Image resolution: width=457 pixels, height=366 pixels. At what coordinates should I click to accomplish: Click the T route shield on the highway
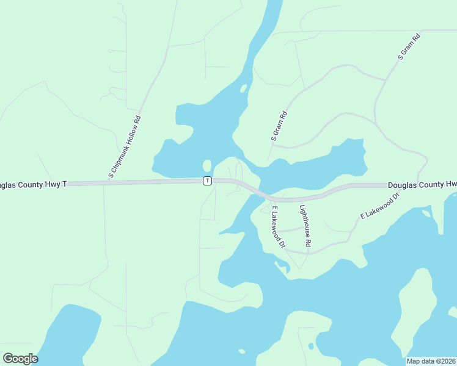[x=207, y=181]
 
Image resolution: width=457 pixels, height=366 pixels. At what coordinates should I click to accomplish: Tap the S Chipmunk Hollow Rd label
[x=125, y=147]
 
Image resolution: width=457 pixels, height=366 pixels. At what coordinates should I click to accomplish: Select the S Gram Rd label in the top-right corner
[x=409, y=46]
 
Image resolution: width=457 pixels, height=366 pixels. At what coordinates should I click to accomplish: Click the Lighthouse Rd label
[x=305, y=226]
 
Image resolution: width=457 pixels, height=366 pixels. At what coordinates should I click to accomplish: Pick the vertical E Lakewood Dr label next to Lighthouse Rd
[x=278, y=226]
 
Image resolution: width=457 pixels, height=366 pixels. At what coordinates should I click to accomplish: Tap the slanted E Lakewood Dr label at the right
[x=379, y=205]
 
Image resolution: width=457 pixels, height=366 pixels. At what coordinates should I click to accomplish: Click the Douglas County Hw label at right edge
[x=422, y=184]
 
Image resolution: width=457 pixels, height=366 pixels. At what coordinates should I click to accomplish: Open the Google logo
[x=20, y=359]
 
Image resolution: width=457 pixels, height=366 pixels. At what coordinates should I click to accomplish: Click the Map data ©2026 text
[x=431, y=361]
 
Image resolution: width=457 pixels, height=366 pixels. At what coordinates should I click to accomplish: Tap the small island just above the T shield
[x=207, y=166]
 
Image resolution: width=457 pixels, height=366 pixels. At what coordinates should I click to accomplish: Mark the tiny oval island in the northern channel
[x=243, y=88]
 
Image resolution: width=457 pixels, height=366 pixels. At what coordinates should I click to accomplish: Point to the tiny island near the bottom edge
[x=241, y=351]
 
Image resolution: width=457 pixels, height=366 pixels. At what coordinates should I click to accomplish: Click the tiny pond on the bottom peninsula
[x=311, y=346]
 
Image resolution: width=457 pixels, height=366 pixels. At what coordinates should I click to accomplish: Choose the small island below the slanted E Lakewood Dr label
[x=426, y=213]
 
